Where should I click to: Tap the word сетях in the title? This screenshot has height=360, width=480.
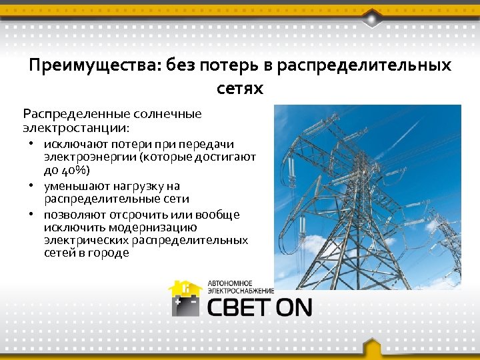point(240,88)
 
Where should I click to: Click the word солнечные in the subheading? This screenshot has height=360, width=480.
point(167,113)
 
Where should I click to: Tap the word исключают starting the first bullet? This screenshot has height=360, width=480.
point(73,144)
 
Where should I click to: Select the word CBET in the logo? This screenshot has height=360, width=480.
point(240,307)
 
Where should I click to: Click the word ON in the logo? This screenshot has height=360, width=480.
point(294,307)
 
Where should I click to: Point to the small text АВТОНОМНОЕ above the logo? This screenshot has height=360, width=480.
point(230,282)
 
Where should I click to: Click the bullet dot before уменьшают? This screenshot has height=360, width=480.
point(31,186)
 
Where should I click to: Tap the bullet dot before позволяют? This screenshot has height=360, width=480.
point(31,215)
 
